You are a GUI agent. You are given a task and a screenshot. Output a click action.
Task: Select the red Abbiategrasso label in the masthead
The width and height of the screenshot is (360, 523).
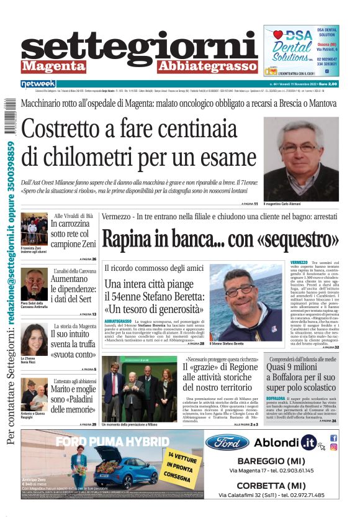[x=207, y=66]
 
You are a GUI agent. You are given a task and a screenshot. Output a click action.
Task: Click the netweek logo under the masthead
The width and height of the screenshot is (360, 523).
[x=38, y=84]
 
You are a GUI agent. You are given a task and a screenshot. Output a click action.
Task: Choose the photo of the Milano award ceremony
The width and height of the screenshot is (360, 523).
[x=139, y=388]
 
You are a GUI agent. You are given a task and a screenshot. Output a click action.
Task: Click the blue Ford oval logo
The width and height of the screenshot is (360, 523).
[x=227, y=443]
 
